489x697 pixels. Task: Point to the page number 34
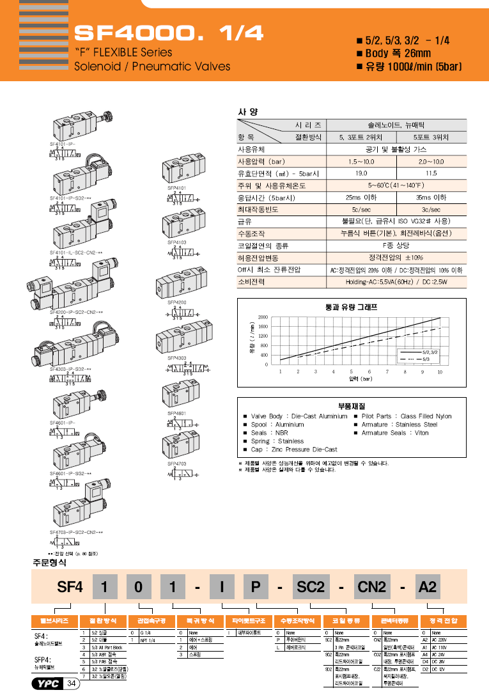coord(71,685)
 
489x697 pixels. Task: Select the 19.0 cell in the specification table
coord(361,173)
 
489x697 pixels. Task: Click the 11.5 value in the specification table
coord(431,173)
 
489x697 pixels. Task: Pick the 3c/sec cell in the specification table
coord(431,209)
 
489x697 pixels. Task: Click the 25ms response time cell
coord(361,197)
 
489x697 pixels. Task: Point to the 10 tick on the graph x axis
coord(440,372)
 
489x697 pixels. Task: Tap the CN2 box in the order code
coord(371,585)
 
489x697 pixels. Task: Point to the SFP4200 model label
coord(177,301)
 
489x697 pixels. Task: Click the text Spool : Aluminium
coord(277,425)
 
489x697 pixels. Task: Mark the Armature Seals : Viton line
coord(394,433)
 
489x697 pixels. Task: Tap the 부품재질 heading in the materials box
coord(351,405)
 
